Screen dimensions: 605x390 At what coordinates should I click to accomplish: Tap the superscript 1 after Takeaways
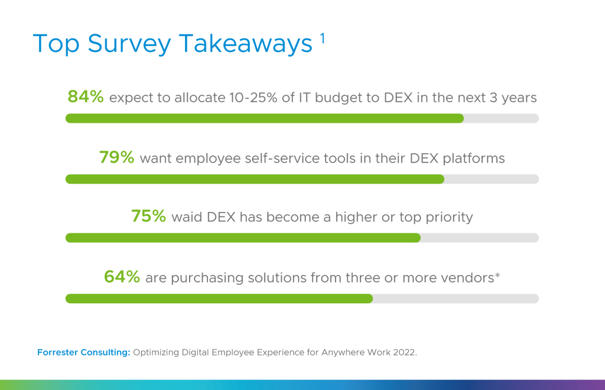[x=322, y=38]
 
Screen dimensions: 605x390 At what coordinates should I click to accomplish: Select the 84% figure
[x=86, y=96]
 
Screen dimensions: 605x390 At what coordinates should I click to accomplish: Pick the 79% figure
[x=116, y=157]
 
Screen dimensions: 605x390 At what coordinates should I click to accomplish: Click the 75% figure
[x=148, y=216]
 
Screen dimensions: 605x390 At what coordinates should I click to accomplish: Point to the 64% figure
[x=122, y=277]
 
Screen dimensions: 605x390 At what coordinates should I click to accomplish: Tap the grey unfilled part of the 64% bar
[x=456, y=298]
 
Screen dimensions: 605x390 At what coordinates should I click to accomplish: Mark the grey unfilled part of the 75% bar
[x=480, y=238]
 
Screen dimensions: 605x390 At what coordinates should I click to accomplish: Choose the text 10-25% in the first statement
[x=253, y=97]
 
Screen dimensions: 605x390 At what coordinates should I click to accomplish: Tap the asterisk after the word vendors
[x=497, y=275]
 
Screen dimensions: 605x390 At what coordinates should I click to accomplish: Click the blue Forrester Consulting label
[x=84, y=352]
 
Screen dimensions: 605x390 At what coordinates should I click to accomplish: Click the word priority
[x=449, y=217]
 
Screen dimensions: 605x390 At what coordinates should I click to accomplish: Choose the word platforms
[x=474, y=158]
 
